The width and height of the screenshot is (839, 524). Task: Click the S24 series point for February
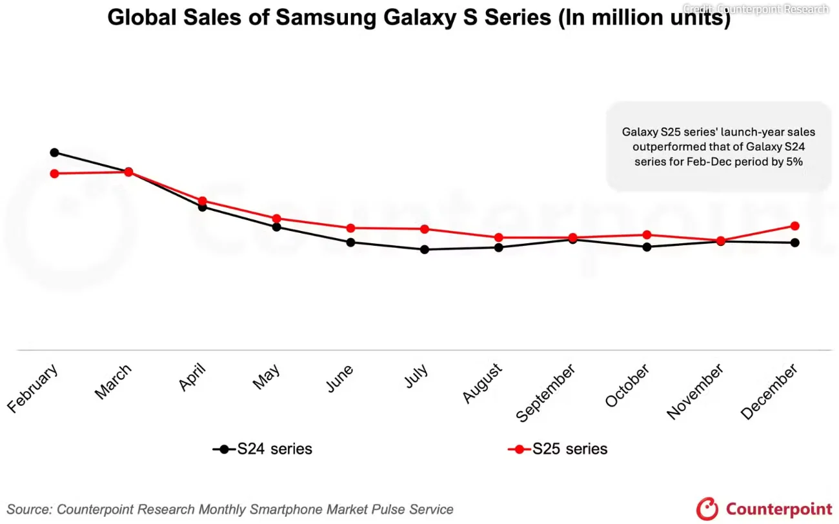(x=54, y=152)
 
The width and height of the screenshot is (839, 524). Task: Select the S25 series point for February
(x=54, y=174)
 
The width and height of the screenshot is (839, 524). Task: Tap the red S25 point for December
(x=795, y=226)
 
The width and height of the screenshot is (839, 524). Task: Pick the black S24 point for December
(x=795, y=243)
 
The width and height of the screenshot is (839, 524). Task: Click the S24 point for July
(x=425, y=250)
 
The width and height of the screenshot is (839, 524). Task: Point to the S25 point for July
(x=425, y=229)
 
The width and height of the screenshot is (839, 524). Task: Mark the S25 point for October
(x=647, y=235)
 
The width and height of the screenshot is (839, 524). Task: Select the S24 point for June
(x=350, y=243)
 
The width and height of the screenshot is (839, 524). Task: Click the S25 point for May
(x=276, y=218)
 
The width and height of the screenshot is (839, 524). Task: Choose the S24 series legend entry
(x=262, y=448)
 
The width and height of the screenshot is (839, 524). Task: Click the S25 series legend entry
(x=558, y=448)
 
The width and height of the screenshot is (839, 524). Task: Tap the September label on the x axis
(x=545, y=392)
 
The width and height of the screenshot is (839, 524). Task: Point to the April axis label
(x=192, y=377)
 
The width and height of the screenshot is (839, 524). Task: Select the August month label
(x=482, y=383)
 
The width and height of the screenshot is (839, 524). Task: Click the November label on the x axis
(x=695, y=392)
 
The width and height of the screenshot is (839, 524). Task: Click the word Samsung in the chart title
(x=325, y=17)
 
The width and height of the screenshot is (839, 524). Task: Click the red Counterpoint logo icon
(x=707, y=509)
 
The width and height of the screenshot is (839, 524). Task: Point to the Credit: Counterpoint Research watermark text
(x=756, y=8)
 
